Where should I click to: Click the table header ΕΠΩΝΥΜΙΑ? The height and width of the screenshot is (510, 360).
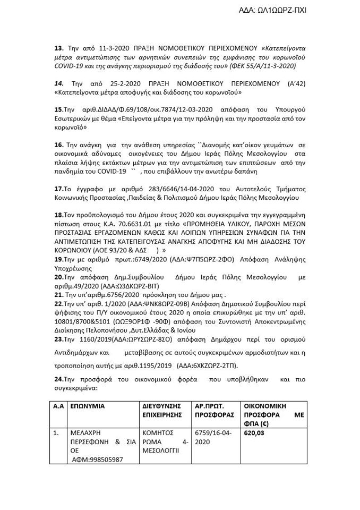coord(87,405)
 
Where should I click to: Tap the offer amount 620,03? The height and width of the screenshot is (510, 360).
coord(252,433)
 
